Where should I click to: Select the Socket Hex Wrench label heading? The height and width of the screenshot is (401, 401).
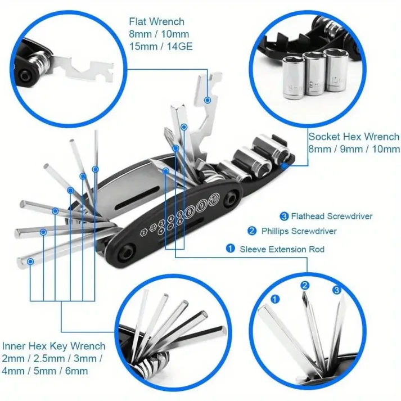tap(354, 137)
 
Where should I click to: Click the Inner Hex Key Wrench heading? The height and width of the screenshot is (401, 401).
tap(53, 346)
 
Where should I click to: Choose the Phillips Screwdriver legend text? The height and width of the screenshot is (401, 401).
tap(299, 231)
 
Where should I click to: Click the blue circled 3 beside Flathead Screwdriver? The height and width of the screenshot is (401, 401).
tap(284, 216)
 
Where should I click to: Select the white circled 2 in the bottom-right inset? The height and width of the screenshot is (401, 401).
tap(305, 286)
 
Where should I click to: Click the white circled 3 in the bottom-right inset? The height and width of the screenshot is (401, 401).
tap(336, 290)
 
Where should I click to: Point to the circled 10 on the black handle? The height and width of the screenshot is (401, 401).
tap(213, 199)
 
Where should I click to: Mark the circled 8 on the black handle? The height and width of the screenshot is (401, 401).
tap(191, 209)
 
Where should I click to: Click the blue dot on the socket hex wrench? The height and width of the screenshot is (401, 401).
tap(285, 165)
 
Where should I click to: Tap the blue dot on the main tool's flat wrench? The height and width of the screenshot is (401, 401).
tap(208, 100)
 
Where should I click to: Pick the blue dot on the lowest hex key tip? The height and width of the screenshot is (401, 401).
tap(30, 260)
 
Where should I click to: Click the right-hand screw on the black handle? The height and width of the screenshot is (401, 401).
tap(229, 201)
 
